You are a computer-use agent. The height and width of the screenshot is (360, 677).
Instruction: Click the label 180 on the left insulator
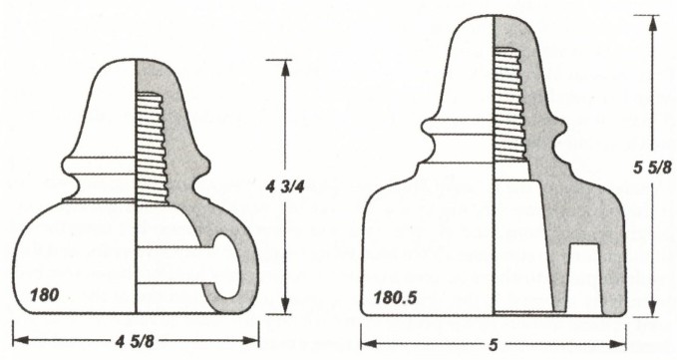(x=45, y=295)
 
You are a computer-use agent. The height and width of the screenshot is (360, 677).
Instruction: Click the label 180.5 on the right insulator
(x=395, y=297)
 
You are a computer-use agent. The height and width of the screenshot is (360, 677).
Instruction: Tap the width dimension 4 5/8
(x=135, y=341)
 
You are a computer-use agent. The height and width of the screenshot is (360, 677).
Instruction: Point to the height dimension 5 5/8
(x=652, y=167)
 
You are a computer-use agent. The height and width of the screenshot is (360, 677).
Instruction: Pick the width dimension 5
(x=494, y=344)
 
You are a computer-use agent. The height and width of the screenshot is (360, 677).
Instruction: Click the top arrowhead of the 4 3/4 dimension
(x=285, y=68)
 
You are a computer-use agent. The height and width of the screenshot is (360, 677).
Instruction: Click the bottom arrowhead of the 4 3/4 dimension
(x=285, y=305)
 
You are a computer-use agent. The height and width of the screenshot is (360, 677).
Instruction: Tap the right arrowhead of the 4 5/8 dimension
(x=251, y=341)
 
